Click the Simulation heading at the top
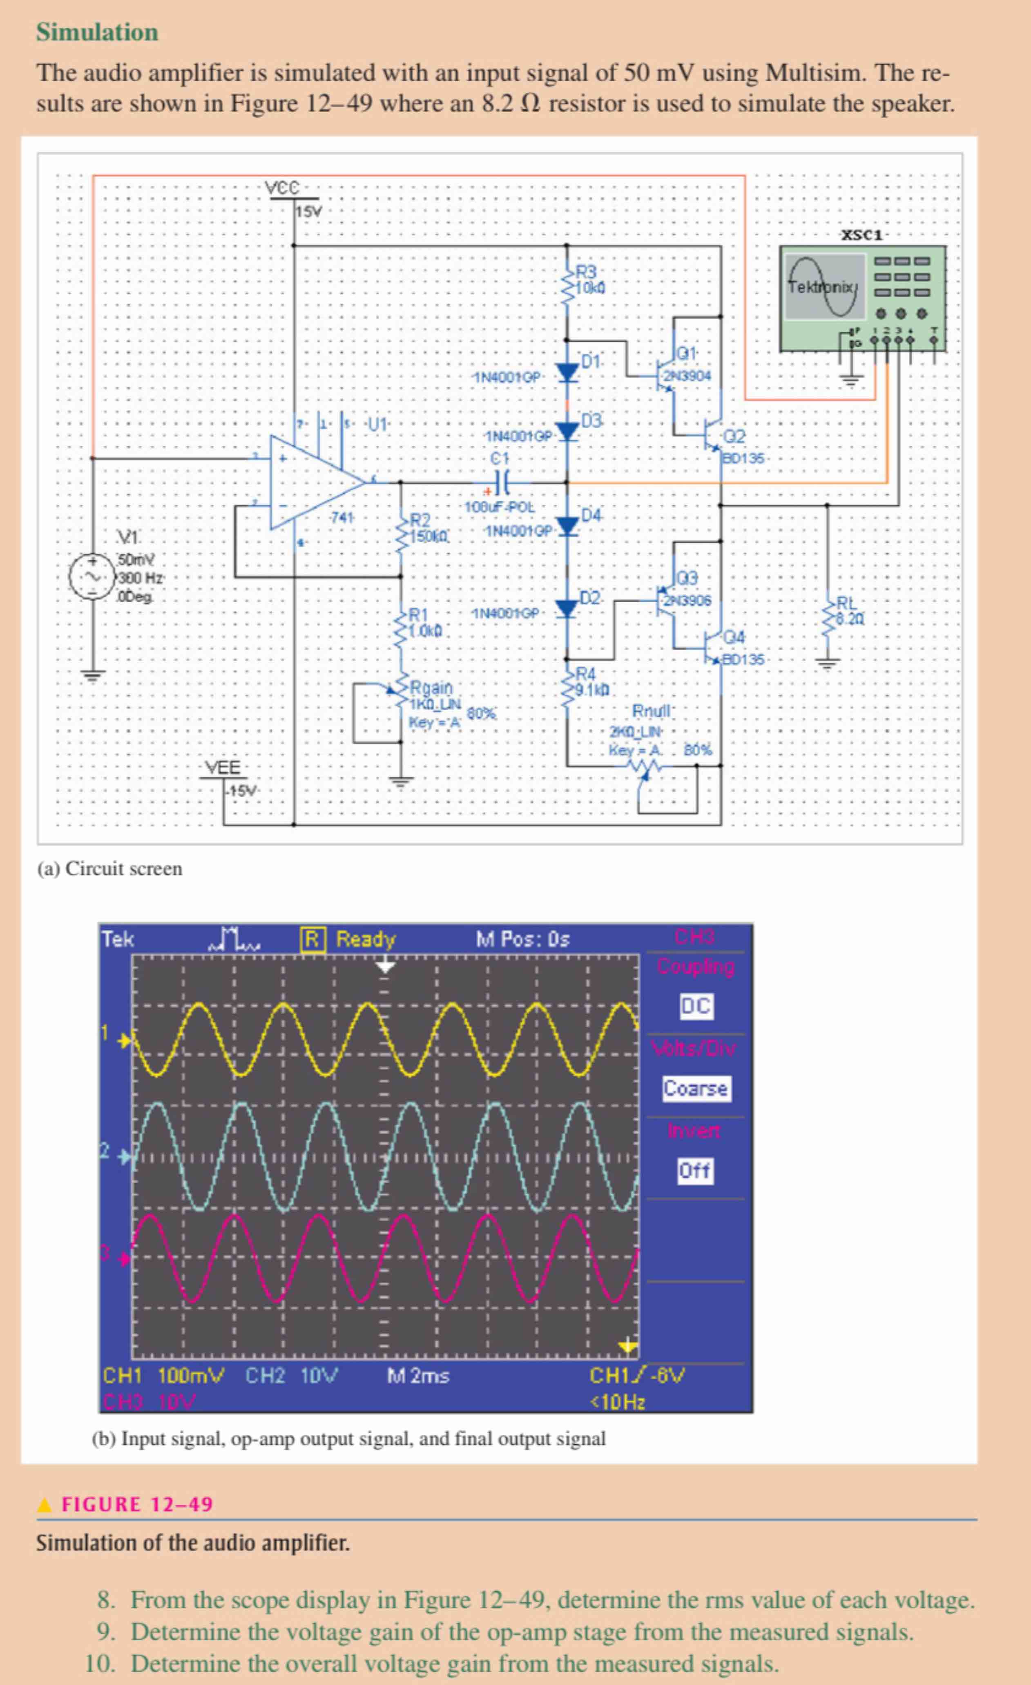pos(97,32)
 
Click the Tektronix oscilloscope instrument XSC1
pos(863,298)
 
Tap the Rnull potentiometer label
pos(652,711)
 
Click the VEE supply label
pos(223,767)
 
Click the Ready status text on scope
pos(365,939)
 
